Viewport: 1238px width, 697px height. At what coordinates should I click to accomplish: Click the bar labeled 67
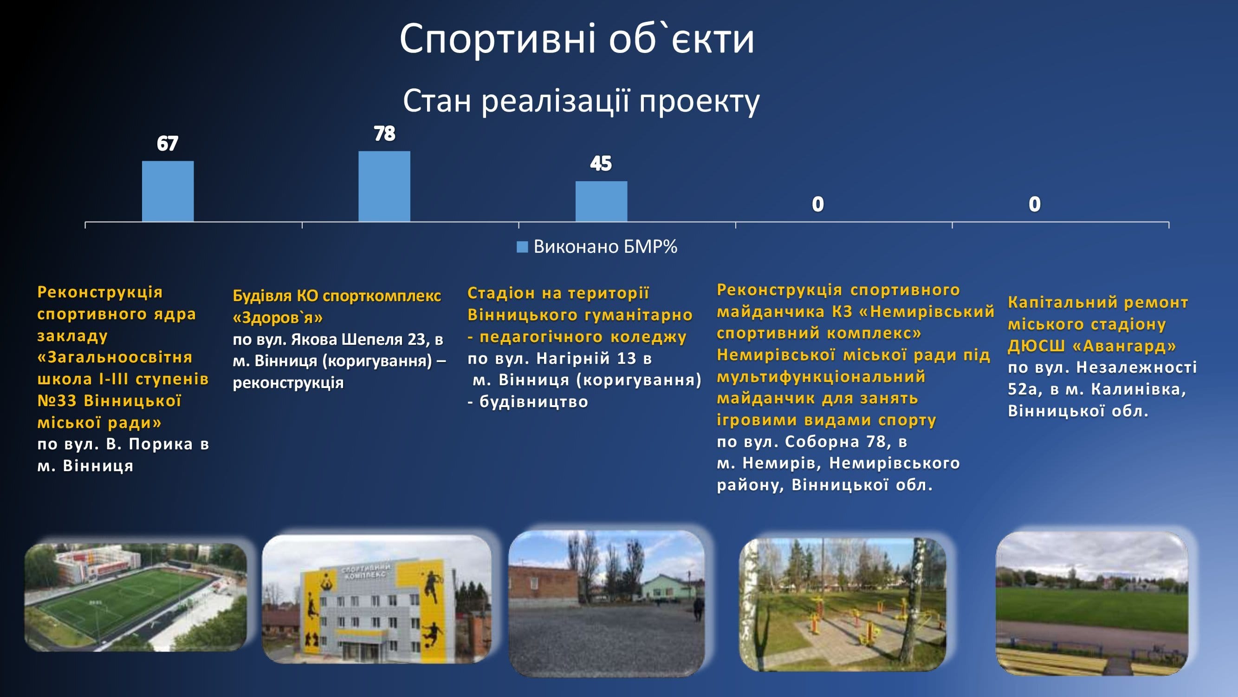tap(168, 191)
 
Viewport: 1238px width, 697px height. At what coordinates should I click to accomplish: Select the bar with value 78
tap(384, 187)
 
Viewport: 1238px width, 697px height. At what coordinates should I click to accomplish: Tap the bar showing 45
tap(601, 202)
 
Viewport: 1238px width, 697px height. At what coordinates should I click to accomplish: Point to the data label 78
tap(384, 134)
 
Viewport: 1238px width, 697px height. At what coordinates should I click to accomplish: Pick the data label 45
tap(601, 164)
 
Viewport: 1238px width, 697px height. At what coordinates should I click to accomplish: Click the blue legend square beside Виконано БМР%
tap(522, 247)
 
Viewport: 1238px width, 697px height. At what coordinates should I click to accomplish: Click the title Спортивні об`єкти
tap(577, 39)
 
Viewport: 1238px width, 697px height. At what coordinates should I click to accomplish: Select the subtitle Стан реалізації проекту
tap(581, 101)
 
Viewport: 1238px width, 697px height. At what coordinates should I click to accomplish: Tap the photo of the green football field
tap(136, 598)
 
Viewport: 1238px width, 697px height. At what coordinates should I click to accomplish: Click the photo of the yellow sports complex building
tap(376, 599)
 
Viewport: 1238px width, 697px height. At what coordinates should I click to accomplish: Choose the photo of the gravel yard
tap(607, 603)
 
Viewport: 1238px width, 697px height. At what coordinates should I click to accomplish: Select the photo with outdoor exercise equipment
tap(843, 605)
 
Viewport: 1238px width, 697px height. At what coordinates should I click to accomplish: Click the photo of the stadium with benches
tap(1092, 603)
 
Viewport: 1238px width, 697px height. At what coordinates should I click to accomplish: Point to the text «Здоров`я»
tap(278, 317)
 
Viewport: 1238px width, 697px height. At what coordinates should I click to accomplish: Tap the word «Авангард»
tap(1124, 345)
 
